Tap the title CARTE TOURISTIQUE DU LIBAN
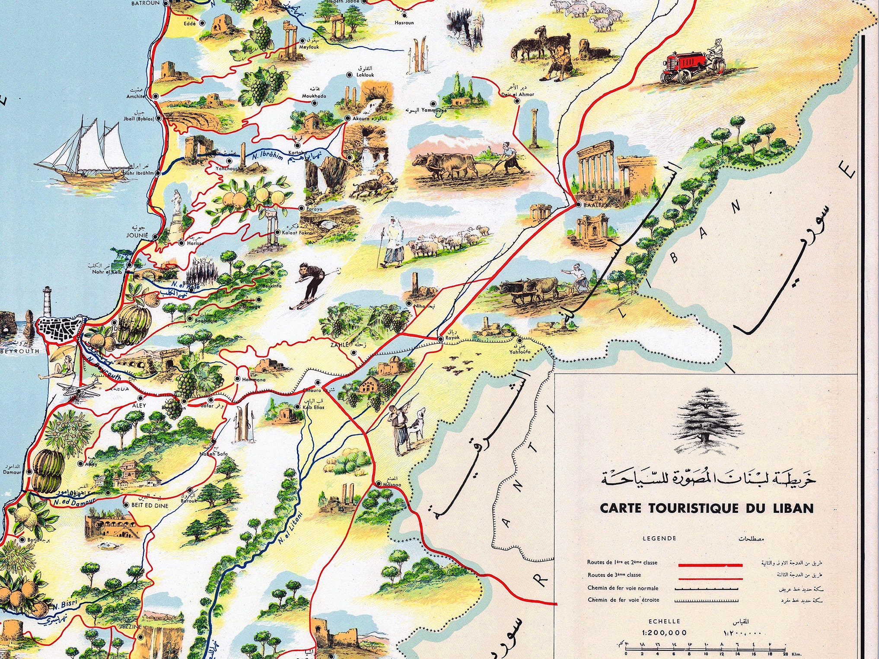tap(706, 508)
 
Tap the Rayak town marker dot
tap(440, 339)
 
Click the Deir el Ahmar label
tap(518, 94)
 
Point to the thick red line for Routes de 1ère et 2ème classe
tap(710, 564)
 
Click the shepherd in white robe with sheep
tap(392, 244)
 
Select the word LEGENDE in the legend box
tap(659, 538)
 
